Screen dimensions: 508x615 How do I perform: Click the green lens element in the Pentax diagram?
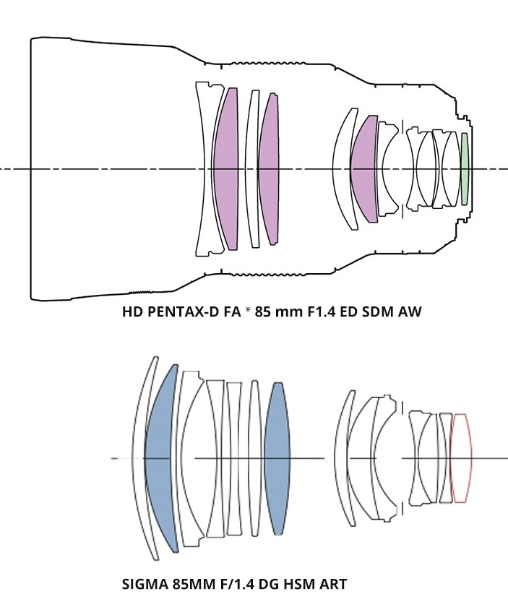[465, 169]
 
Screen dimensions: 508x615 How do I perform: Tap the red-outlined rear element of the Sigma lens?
[461, 457]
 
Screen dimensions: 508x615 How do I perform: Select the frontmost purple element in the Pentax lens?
[226, 168]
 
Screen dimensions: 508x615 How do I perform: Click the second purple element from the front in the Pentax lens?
[269, 169]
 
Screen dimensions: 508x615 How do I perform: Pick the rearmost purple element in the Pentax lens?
[363, 168]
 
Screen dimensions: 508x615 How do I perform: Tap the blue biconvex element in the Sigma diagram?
[277, 458]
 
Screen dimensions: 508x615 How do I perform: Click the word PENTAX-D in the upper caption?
[179, 311]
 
